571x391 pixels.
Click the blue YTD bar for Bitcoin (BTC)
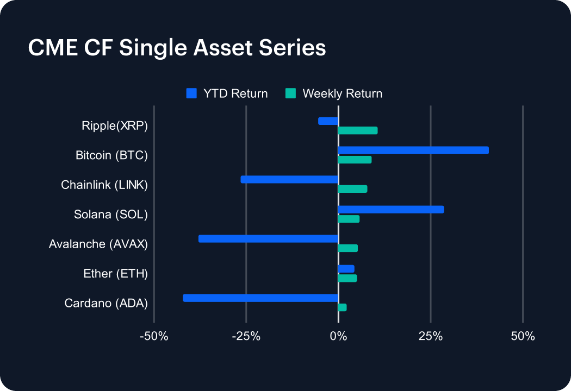click(x=413, y=150)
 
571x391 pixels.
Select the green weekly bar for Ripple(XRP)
click(x=358, y=130)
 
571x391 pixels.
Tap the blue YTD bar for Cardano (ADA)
click(x=260, y=298)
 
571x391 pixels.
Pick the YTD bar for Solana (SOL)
click(x=391, y=210)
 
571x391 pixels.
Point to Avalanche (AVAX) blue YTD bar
click(x=269, y=239)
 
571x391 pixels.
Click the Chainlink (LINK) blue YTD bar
click(x=289, y=180)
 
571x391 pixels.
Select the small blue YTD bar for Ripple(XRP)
click(x=328, y=121)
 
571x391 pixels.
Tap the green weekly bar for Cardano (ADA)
click(x=342, y=307)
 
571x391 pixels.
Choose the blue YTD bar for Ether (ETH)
click(x=346, y=269)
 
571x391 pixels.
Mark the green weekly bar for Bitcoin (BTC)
click(x=355, y=160)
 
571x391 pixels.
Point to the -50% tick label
click(x=154, y=336)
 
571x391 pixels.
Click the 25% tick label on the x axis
click(x=430, y=336)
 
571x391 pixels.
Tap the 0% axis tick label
click(x=338, y=336)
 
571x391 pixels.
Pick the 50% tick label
click(x=523, y=336)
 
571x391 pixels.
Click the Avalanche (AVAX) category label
click(x=98, y=244)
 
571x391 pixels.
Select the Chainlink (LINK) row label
click(x=104, y=185)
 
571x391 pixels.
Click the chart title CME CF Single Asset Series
click(x=177, y=48)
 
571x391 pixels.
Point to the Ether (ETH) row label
click(x=116, y=274)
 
